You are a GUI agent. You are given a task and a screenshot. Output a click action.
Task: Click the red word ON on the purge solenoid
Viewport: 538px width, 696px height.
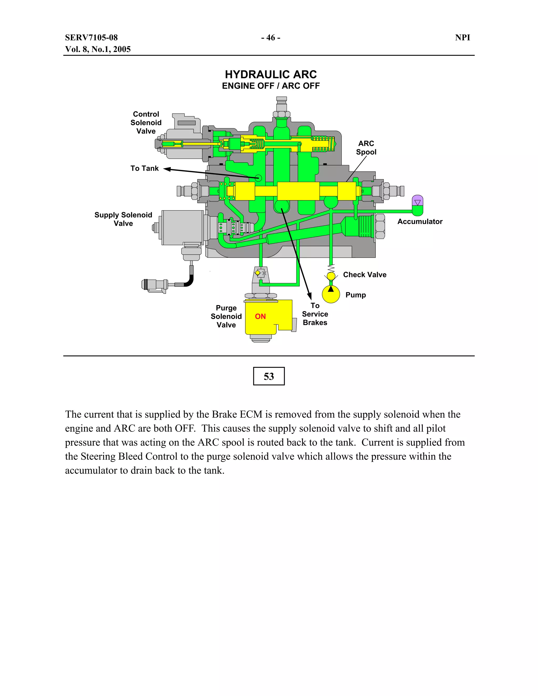coord(260,316)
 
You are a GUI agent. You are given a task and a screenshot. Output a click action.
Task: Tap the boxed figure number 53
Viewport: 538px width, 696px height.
coord(269,376)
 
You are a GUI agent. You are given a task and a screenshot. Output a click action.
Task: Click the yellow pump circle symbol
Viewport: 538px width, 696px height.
coord(331,294)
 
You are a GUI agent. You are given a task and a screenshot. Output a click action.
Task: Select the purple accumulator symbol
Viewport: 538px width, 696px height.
coord(417,201)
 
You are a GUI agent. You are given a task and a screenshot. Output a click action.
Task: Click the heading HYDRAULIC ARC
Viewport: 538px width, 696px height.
coord(271,75)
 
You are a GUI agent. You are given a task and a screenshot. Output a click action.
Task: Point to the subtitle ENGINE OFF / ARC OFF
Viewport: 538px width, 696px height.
coord(271,86)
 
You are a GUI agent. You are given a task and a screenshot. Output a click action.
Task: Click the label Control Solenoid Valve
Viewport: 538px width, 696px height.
coord(146,123)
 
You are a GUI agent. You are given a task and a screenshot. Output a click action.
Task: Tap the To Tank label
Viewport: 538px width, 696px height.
coord(144,168)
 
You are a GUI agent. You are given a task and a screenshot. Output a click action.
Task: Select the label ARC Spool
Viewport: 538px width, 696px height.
coord(366,148)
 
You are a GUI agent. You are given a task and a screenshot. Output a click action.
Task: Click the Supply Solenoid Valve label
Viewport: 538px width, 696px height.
coord(123,219)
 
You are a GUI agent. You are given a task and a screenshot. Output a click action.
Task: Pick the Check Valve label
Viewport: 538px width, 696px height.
coord(365,275)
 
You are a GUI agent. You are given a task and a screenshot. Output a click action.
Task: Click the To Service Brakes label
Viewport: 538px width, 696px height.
coord(315,314)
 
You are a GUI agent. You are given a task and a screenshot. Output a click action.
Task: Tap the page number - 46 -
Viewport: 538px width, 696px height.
coord(271,38)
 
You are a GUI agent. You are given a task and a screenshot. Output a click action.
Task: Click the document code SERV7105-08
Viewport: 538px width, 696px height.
coord(91,38)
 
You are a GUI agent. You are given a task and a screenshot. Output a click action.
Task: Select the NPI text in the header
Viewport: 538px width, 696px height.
coord(462,38)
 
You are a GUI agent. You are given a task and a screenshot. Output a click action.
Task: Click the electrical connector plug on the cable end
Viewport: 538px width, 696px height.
coord(154,285)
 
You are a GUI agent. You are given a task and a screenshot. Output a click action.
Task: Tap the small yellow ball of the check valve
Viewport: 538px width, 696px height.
coord(331,276)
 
